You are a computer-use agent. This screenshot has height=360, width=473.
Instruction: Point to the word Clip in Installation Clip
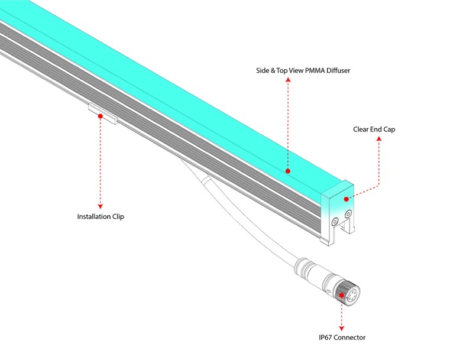(x=118, y=216)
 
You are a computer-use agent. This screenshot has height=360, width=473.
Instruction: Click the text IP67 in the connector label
(x=326, y=338)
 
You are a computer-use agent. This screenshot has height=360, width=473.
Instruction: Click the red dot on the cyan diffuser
(x=288, y=171)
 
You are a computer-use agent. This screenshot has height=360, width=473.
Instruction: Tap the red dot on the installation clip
(x=100, y=116)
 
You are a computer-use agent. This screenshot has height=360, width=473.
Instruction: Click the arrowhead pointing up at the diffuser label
(x=288, y=83)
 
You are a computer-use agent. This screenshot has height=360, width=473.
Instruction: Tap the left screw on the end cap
(x=335, y=221)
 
